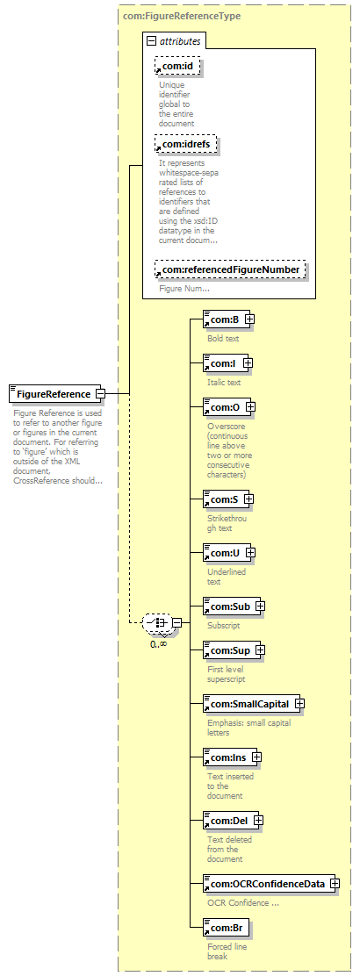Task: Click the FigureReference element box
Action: tap(54, 393)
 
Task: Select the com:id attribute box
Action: tap(177, 65)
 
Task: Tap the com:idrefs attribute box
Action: tap(187, 145)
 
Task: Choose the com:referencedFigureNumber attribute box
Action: tap(231, 269)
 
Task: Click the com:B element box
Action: tap(226, 319)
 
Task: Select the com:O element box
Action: tap(226, 407)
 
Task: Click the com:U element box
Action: tap(226, 552)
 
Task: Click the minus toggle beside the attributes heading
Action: tap(150, 42)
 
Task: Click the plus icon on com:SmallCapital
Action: tap(299, 703)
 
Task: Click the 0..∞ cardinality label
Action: tap(159, 643)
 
